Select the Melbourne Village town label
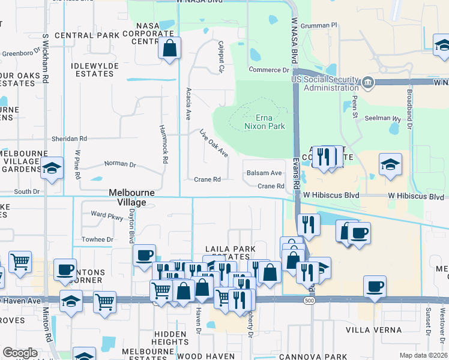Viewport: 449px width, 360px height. (131, 197)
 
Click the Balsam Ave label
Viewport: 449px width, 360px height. (264, 173)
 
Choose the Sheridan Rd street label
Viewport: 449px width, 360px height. (70, 139)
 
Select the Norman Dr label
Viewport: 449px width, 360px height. (120, 164)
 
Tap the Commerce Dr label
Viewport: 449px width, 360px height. (269, 70)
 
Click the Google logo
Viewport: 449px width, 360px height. (20, 353)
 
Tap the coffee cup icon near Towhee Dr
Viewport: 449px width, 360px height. (145, 255)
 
